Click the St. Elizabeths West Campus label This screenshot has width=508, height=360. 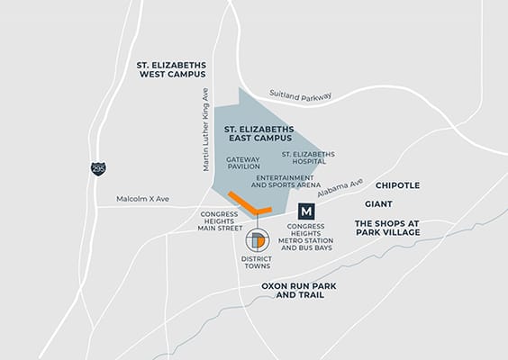(x=171, y=71)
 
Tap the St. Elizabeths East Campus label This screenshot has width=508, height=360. (x=259, y=135)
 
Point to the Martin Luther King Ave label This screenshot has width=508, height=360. (x=205, y=121)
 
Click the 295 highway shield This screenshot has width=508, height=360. (x=97, y=167)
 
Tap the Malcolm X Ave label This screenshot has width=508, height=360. (x=143, y=199)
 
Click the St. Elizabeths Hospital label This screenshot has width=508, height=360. (x=308, y=159)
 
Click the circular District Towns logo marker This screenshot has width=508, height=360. (x=256, y=240)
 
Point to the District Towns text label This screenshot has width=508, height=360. (x=257, y=264)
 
